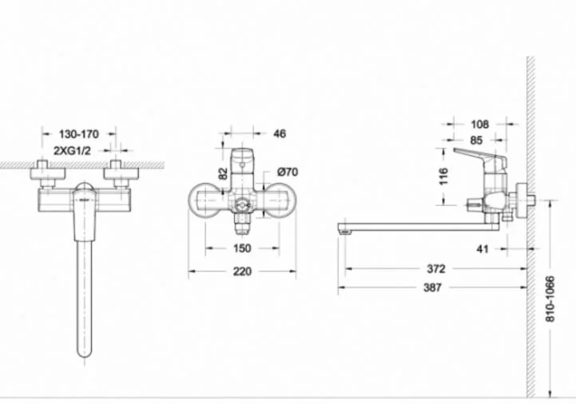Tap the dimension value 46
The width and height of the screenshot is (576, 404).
pyautogui.click(x=280, y=133)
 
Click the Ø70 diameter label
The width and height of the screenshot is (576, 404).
pyautogui.click(x=288, y=172)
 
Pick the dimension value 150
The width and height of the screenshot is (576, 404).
pyautogui.click(x=242, y=249)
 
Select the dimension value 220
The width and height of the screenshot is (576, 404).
pyautogui.click(x=242, y=271)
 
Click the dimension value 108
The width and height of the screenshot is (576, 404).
pyautogui.click(x=480, y=125)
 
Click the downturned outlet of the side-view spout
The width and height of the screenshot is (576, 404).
pyautogui.click(x=345, y=230)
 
